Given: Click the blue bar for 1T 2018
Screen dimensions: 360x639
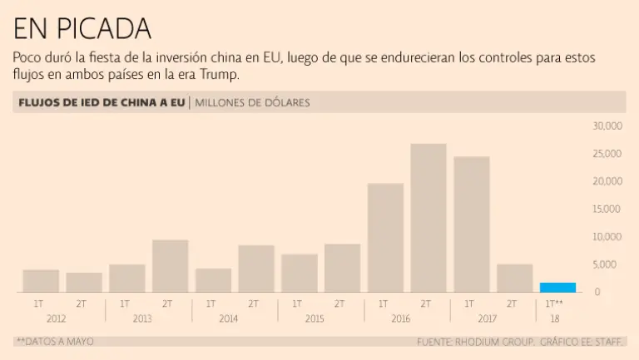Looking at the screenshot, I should click(557, 288).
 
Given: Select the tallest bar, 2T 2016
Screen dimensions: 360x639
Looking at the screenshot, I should click(428, 218).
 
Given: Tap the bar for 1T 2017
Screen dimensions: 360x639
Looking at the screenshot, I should click(471, 224).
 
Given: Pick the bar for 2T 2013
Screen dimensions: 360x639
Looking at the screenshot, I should click(170, 266).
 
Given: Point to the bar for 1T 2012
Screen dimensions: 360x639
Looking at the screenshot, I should click(41, 281).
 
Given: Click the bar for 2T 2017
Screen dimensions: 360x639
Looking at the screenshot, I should click(514, 279).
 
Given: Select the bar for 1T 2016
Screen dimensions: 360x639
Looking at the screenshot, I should click(385, 238).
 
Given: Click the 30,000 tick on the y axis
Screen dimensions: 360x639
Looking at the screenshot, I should click(607, 126).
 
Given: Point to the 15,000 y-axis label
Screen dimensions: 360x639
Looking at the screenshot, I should click(607, 209).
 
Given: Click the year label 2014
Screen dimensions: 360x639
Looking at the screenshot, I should click(228, 318).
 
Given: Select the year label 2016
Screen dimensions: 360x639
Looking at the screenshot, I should click(400, 318).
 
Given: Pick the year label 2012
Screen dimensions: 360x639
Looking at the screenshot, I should click(56, 318).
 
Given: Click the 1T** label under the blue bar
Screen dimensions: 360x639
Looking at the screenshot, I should click(554, 304).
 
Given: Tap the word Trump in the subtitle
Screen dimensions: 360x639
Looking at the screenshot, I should click(220, 76).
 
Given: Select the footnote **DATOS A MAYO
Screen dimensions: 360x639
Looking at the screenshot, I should click(54, 342).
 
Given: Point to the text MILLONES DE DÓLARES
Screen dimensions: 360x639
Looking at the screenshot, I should click(252, 103).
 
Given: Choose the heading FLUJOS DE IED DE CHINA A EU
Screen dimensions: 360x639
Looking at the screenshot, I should click(102, 103).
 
